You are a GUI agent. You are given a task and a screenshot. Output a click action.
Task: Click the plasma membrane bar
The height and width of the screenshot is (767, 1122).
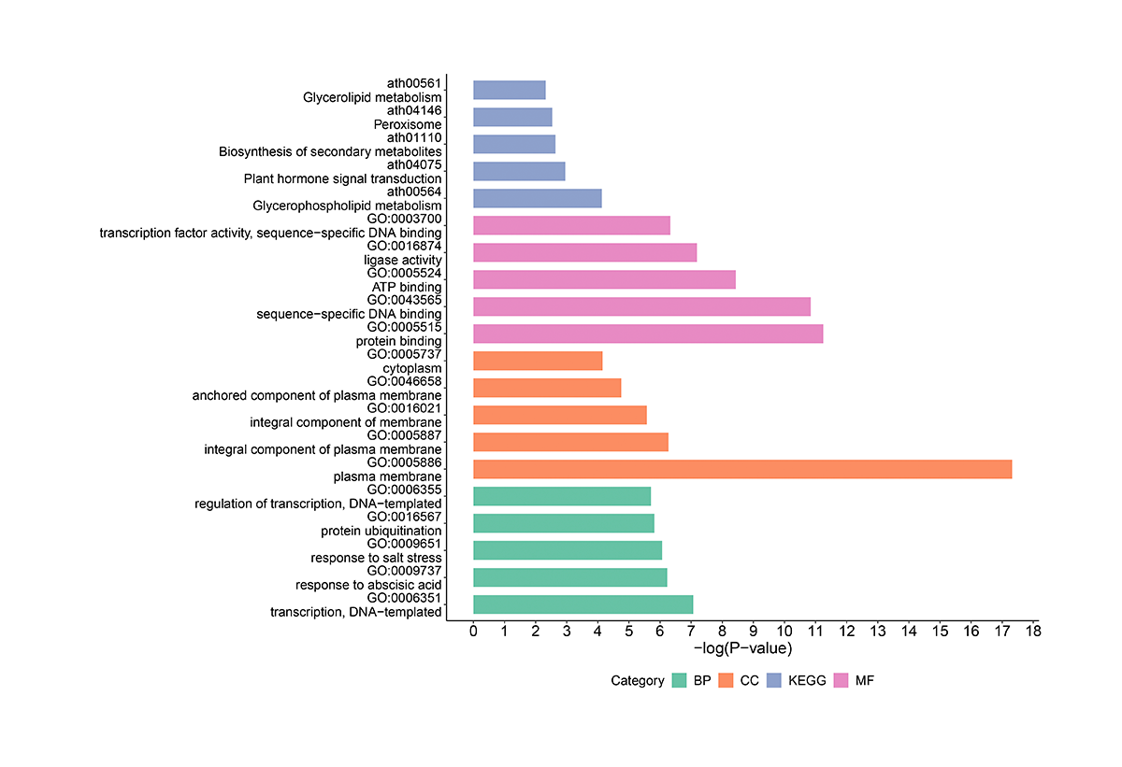742,469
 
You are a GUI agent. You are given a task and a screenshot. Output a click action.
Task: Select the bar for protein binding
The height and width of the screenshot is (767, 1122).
648,334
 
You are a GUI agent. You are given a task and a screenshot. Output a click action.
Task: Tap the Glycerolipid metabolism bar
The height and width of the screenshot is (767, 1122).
510,90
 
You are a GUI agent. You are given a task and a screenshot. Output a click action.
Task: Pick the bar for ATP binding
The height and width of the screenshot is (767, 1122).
604,279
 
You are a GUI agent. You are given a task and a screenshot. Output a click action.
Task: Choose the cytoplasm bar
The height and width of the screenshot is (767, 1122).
538,361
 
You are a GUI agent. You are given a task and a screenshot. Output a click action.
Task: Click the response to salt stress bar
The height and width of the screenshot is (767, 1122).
568,550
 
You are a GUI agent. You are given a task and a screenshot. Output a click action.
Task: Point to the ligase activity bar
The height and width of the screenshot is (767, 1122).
585,252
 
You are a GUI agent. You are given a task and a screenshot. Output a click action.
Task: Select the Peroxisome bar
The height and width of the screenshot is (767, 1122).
512,117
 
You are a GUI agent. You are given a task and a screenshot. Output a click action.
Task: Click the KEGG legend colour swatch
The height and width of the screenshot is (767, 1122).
774,681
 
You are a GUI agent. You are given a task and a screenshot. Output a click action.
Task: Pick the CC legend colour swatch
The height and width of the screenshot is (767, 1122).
726,681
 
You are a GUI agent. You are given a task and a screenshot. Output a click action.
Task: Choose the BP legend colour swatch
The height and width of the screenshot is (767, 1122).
679,681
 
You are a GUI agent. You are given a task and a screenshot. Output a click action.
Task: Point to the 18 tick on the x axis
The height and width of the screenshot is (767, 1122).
1032,632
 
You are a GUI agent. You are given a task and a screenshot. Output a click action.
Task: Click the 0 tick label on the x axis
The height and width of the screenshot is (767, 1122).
473,632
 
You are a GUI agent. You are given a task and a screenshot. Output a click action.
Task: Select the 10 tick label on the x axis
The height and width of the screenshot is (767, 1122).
784,632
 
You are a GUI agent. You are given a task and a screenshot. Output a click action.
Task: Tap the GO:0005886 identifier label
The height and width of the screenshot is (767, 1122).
404,462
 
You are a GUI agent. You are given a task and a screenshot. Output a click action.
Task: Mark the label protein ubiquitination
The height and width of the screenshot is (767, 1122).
381,532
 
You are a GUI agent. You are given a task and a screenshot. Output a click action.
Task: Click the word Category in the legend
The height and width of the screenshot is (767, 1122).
638,681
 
